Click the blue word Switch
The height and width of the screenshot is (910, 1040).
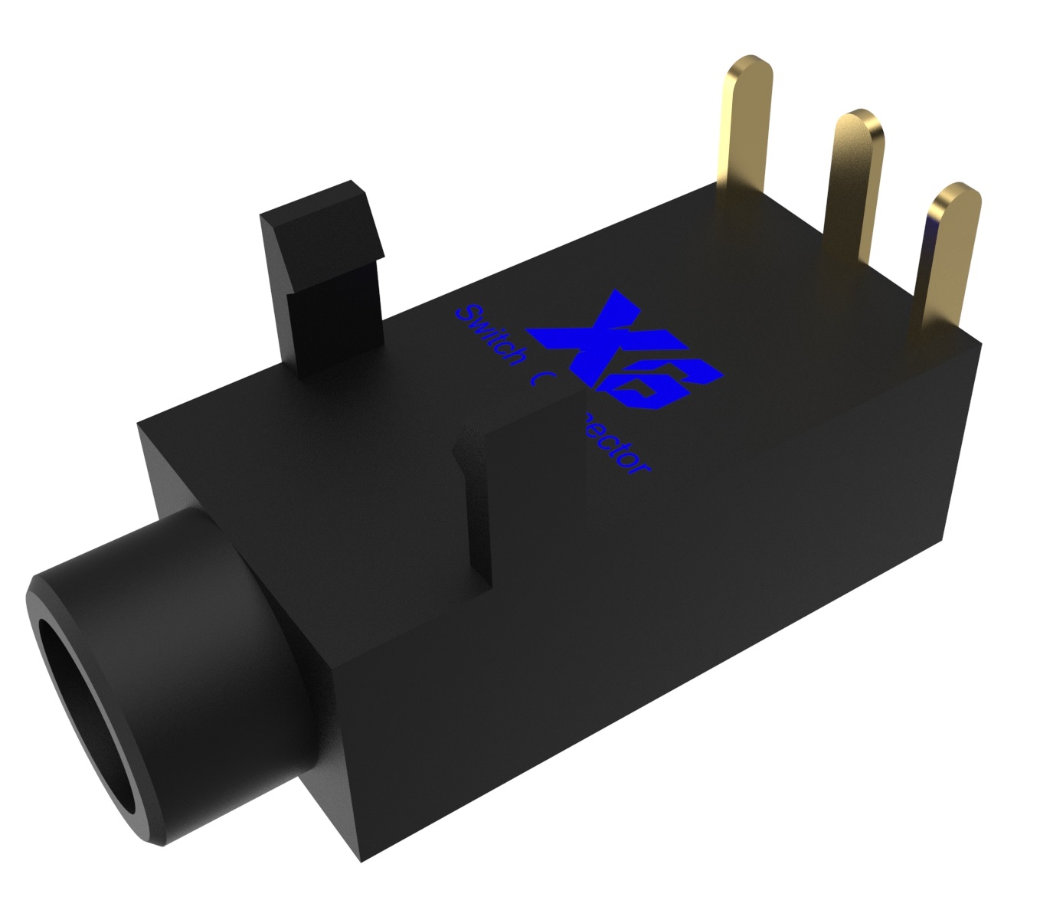point(490,337)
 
